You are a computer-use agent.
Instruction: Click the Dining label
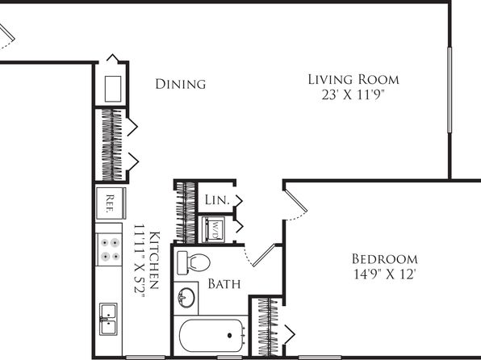pos(181,84)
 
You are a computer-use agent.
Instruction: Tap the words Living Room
pos(353,79)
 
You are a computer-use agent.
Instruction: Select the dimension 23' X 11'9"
pos(353,94)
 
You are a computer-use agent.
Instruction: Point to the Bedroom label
pos(385,259)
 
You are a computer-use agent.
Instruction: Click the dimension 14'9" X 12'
pos(385,274)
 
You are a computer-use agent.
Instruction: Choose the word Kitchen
pos(154,260)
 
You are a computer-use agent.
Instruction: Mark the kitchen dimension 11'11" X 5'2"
pos(139,262)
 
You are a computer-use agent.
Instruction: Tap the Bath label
pos(224,284)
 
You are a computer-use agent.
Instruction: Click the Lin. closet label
pos(217,200)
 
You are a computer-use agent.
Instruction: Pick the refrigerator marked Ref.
pos(110,203)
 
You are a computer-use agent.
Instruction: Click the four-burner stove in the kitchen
pos(110,249)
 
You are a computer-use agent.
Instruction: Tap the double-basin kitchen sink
pos(108,319)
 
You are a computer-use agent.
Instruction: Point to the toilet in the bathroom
pos(193,262)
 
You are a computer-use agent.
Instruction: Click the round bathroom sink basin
pos(186,297)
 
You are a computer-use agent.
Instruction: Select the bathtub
pos(211,336)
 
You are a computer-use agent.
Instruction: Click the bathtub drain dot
pos(229,336)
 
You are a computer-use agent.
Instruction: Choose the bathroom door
pos(264,255)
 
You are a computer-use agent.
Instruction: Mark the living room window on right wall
pos(450,90)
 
